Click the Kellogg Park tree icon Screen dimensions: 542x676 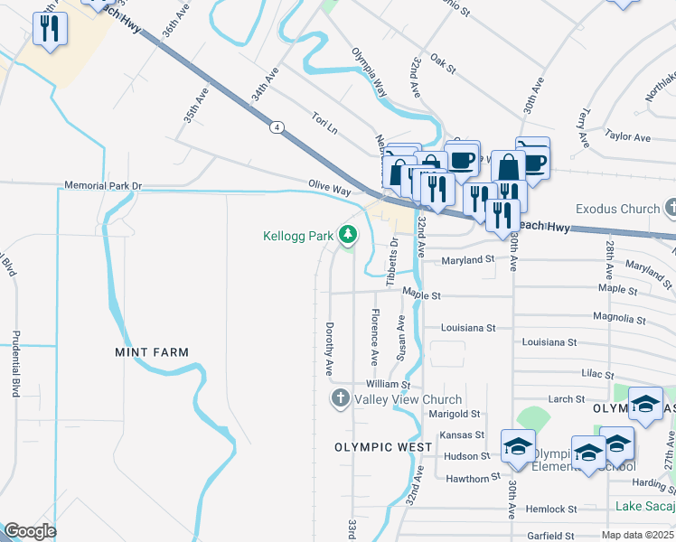click(x=348, y=236)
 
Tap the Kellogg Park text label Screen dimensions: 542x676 click(x=298, y=237)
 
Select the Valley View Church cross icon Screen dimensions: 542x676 click(x=340, y=398)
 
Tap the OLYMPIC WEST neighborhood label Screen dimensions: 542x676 click(x=382, y=447)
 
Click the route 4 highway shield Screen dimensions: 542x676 click(x=275, y=126)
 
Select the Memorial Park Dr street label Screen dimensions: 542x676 click(x=103, y=186)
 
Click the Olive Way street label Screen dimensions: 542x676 click(x=329, y=190)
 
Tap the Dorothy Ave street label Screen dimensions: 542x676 click(x=331, y=349)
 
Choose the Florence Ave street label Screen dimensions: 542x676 click(x=373, y=332)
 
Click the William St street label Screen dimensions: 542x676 click(x=382, y=385)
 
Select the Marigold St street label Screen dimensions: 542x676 click(x=455, y=414)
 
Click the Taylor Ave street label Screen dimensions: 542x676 click(x=629, y=137)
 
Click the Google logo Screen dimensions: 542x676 click(x=30, y=531)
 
